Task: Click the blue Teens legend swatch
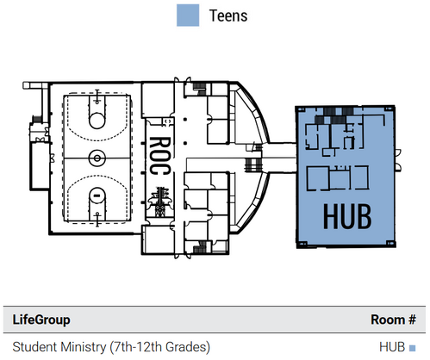[188, 16]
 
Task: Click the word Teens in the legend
[228, 16]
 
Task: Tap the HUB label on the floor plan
[347, 216]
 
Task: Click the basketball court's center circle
[97, 158]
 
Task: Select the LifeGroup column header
[41, 320]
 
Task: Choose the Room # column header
[393, 320]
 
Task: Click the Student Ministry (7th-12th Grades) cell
[111, 347]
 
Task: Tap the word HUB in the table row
[392, 347]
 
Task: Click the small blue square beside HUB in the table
[412, 348]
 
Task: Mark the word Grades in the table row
[186, 347]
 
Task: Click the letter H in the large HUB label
[331, 216]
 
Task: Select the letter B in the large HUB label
[365, 216]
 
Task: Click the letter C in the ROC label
[160, 170]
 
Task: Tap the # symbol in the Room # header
[412, 320]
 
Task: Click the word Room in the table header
[388, 320]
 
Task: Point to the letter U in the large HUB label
[347, 217]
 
